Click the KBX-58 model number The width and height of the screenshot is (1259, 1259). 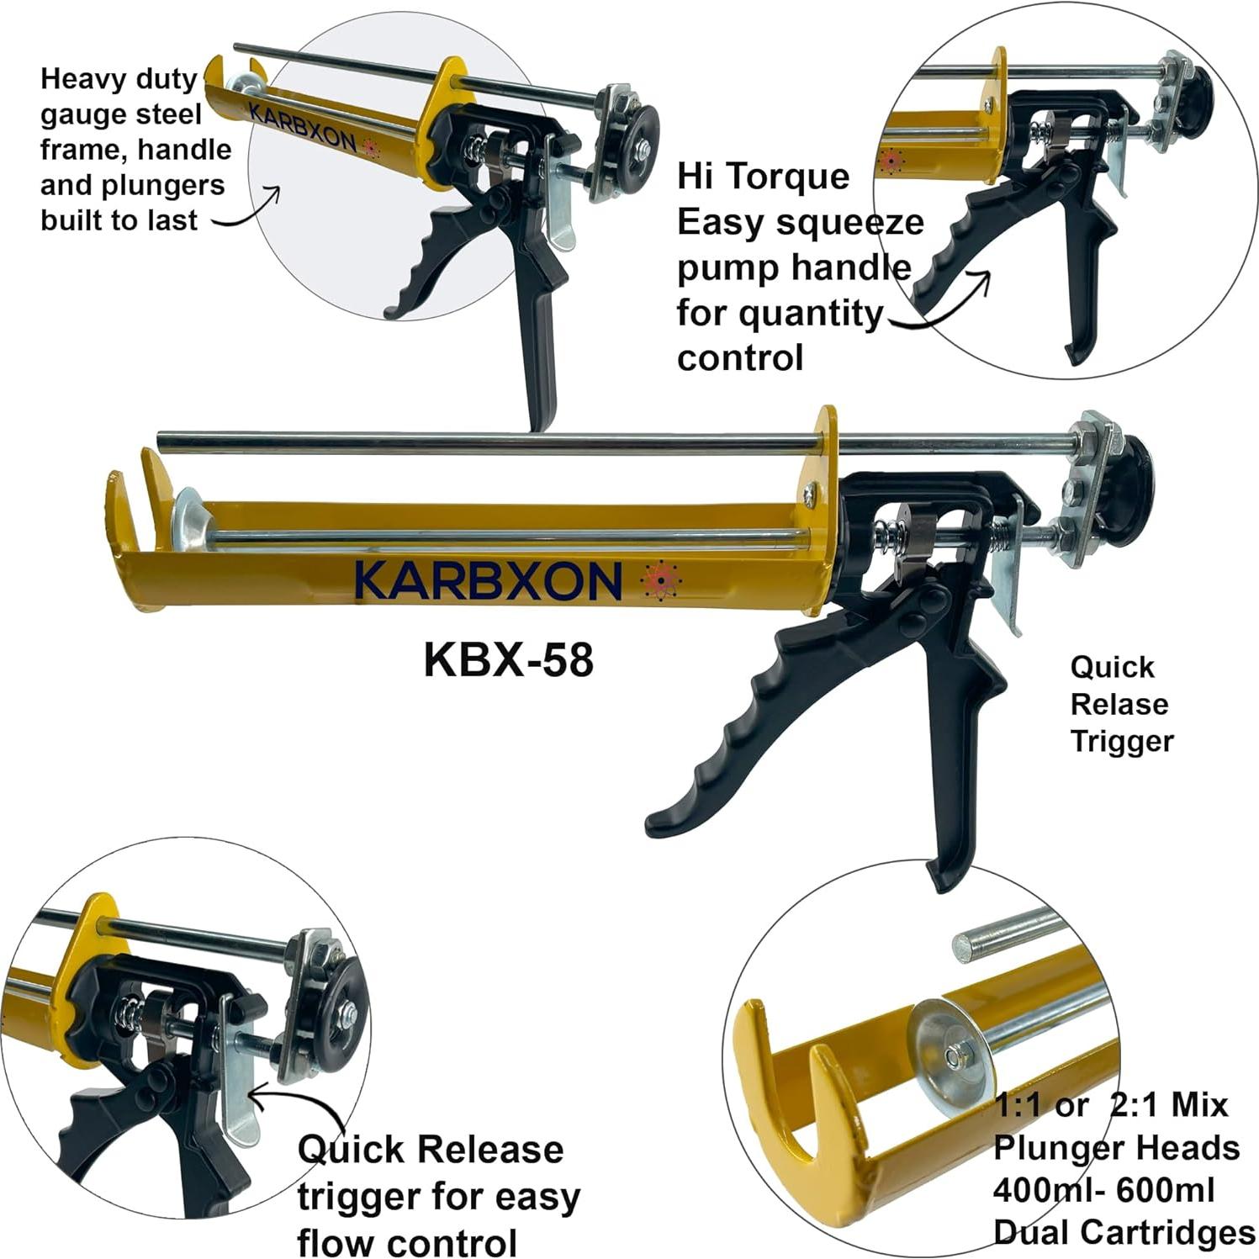pos(508,660)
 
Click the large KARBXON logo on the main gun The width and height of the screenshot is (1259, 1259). pos(488,580)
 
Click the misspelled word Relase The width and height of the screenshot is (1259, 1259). pos(1119,704)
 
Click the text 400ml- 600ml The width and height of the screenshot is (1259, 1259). pos(1103,1190)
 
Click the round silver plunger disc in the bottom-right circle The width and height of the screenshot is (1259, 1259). pos(953,1055)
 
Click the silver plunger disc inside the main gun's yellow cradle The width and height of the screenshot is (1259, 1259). pos(188,519)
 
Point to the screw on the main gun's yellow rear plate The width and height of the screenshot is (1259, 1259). pos(809,495)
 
